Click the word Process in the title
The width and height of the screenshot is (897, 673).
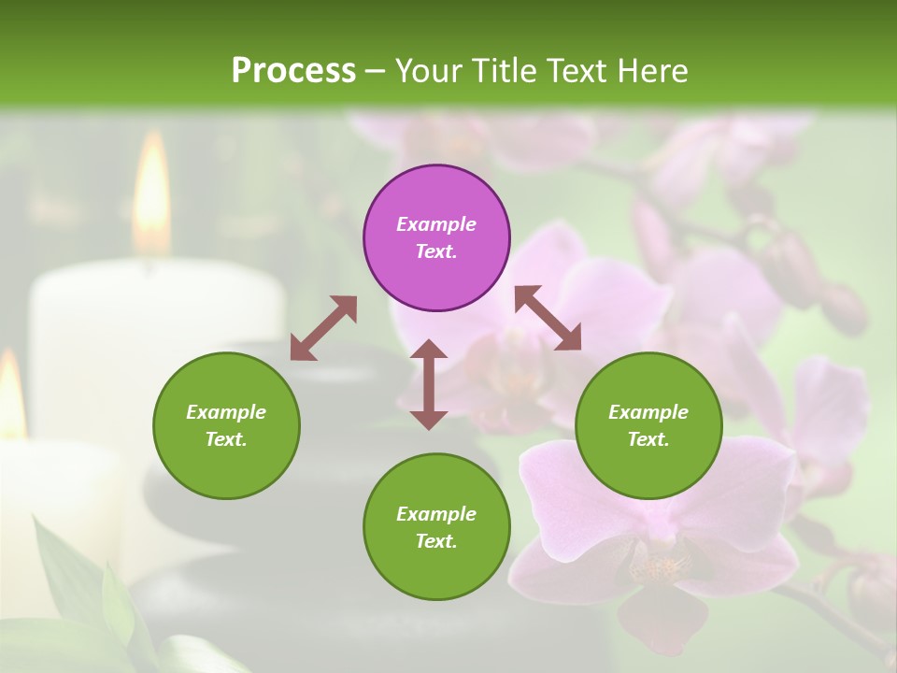[293, 71]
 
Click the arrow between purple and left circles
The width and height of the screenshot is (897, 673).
[323, 328]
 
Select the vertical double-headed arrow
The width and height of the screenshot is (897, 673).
[429, 384]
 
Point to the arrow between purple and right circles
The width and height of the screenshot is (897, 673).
[548, 318]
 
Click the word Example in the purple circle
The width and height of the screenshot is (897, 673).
[436, 224]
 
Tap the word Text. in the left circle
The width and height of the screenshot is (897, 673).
[226, 439]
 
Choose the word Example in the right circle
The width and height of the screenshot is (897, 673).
[648, 412]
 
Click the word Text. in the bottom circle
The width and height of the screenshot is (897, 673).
[436, 541]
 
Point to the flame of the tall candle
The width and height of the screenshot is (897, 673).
[151, 192]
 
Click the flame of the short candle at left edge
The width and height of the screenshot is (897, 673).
[11, 393]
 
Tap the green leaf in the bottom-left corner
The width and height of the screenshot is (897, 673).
[75, 580]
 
